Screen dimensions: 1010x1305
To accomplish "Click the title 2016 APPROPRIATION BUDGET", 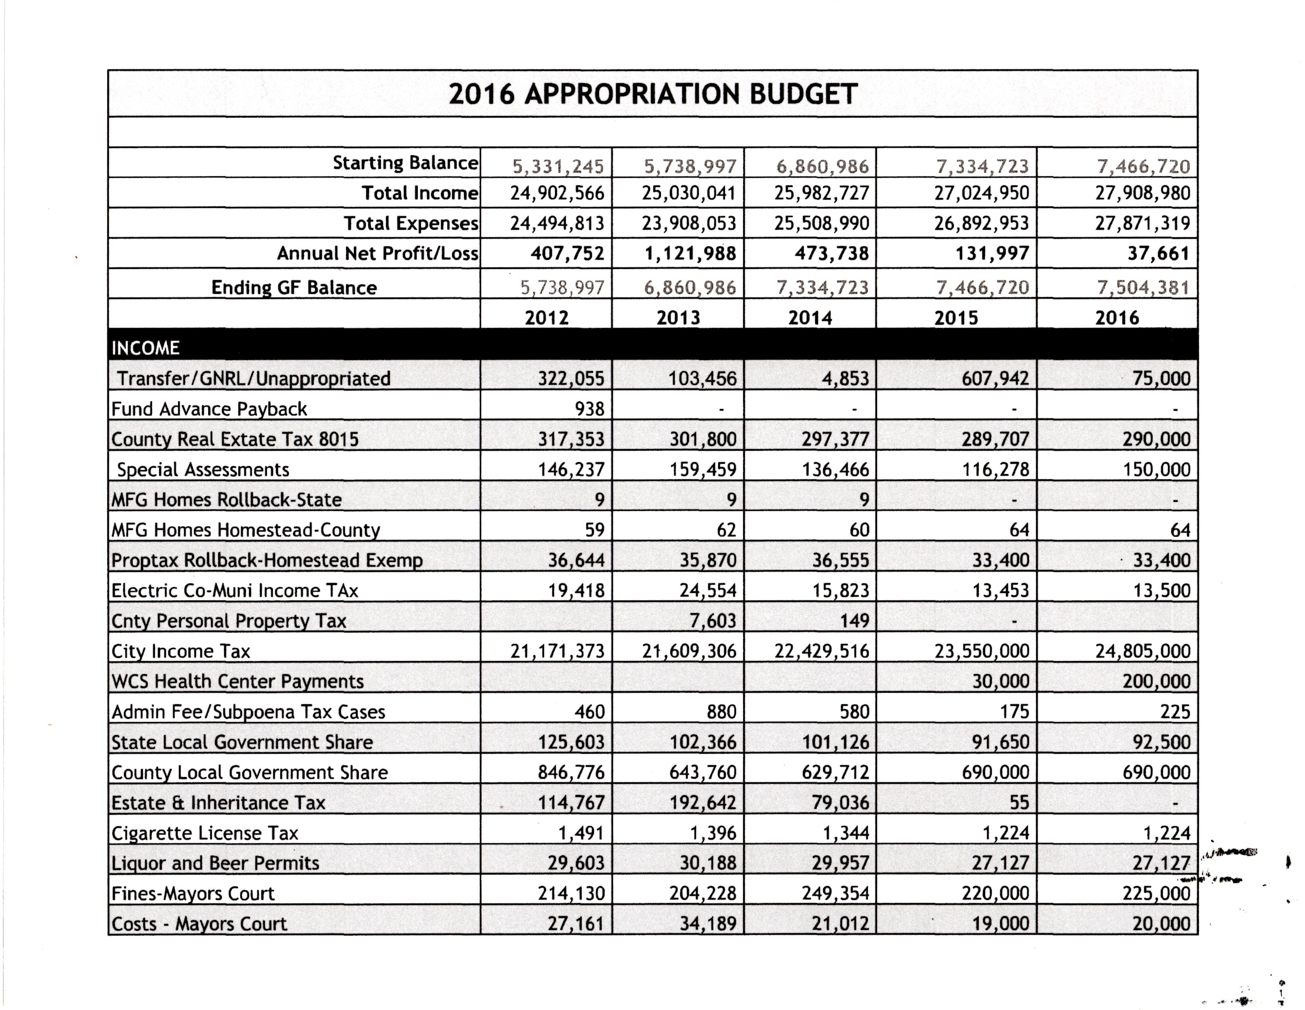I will click(652, 94).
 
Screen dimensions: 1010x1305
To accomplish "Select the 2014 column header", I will click(810, 317).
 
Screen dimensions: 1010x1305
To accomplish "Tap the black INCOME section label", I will click(146, 348).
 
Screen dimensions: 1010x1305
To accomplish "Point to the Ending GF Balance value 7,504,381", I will click(1143, 288).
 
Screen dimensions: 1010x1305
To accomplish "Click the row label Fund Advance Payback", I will click(209, 409).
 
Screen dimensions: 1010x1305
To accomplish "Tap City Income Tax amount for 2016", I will click(1143, 651).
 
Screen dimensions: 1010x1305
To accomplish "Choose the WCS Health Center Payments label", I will click(237, 681).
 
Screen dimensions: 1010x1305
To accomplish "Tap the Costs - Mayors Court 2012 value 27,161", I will click(576, 923).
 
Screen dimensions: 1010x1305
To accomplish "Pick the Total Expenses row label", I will click(411, 223).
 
